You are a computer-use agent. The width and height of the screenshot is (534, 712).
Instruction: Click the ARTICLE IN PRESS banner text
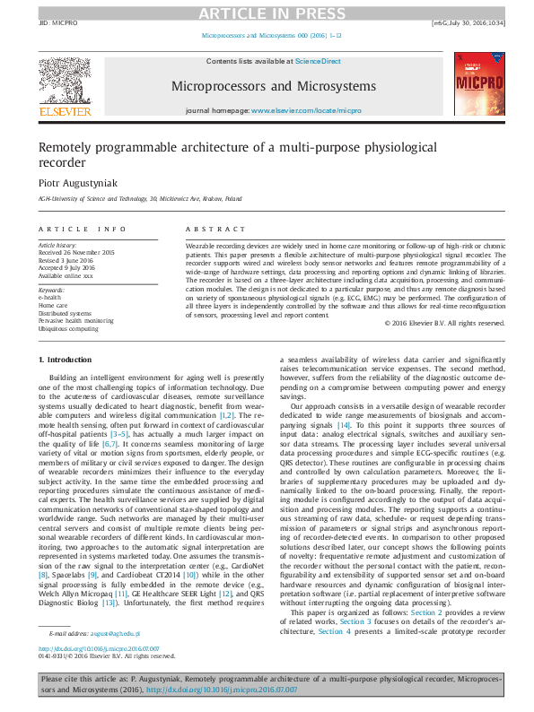267,12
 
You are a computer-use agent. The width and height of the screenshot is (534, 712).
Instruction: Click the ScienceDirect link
318,61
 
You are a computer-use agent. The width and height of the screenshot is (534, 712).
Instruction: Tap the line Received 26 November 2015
75,252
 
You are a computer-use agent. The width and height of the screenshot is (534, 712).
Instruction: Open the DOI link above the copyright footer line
99,673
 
